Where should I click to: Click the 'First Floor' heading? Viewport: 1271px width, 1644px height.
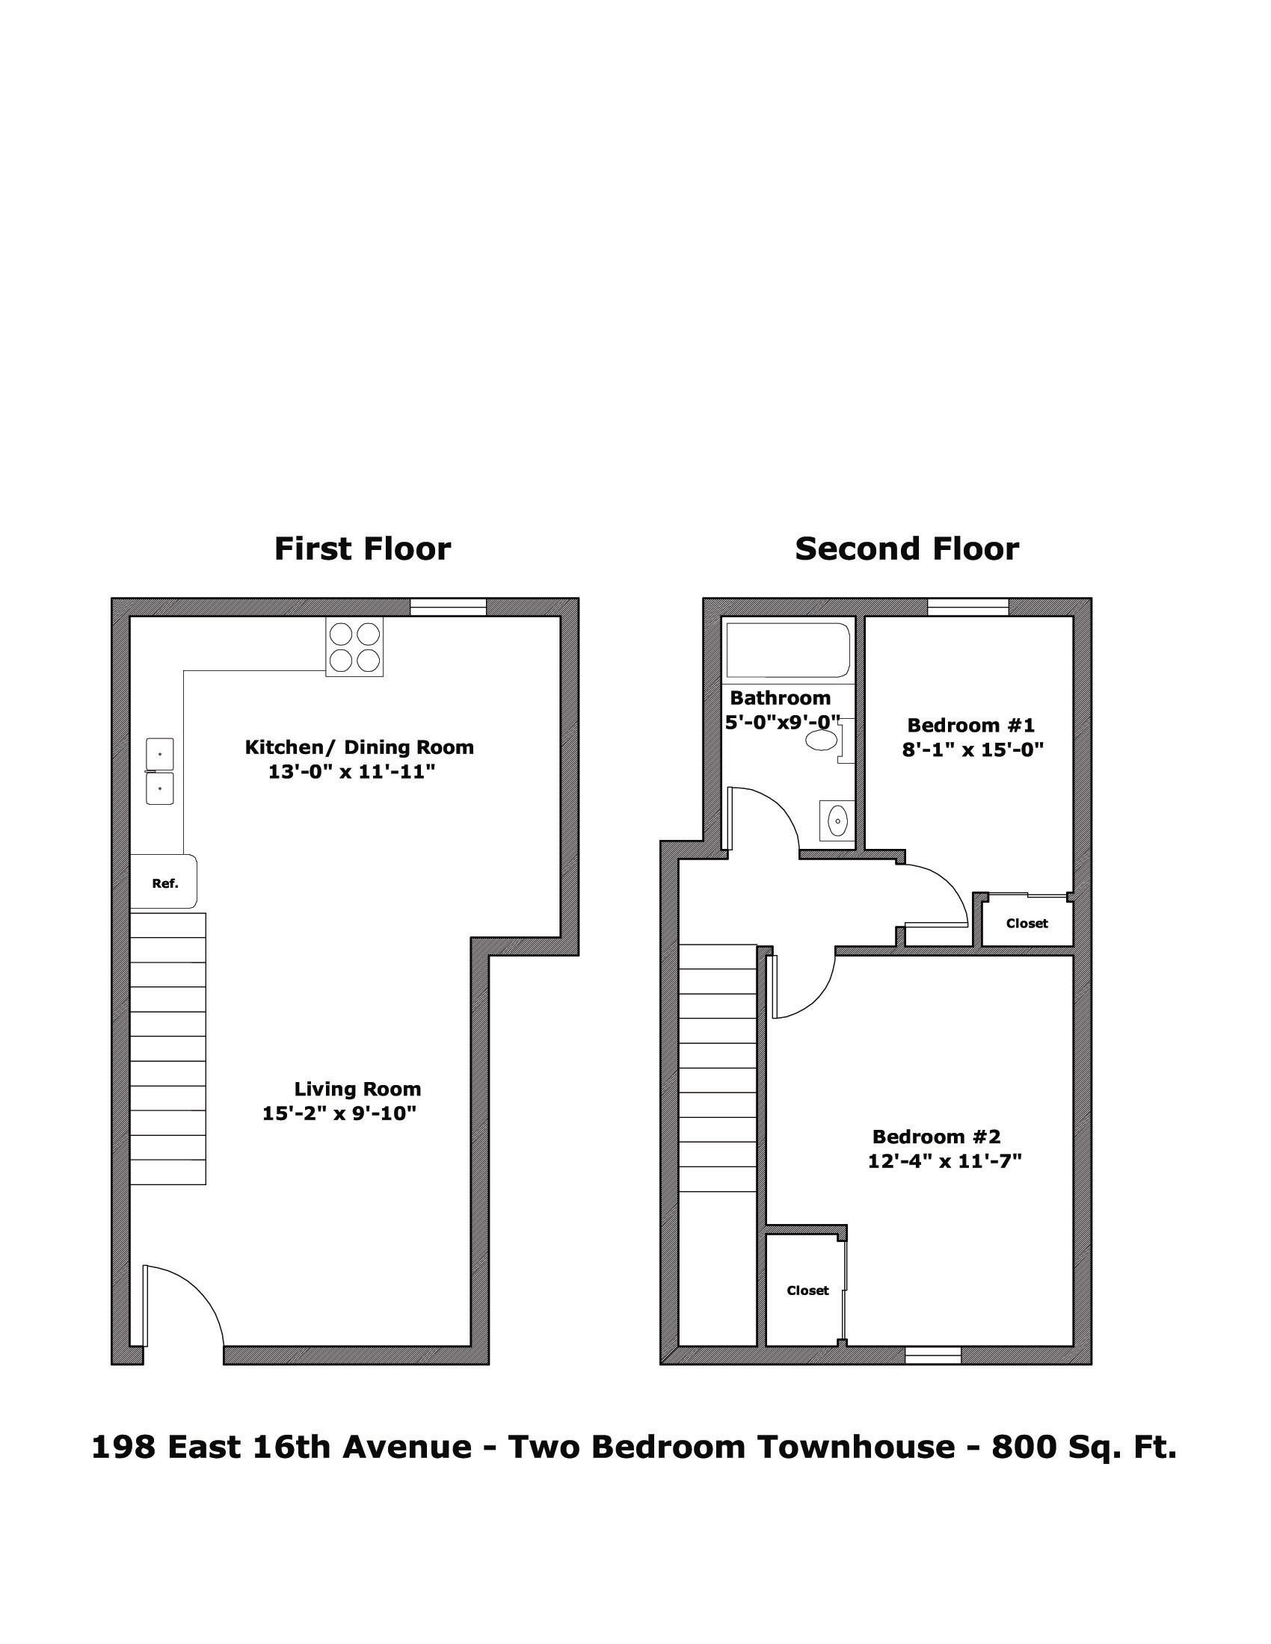coord(362,548)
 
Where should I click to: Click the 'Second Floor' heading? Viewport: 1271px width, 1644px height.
coord(907,548)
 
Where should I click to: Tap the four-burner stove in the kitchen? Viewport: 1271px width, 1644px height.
coord(354,646)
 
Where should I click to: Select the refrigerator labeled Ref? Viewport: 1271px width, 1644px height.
coord(164,882)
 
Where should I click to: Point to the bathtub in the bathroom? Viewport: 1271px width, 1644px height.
coord(788,650)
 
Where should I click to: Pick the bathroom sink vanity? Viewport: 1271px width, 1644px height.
coord(837,819)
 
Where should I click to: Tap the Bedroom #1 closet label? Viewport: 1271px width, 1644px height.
coord(1027,923)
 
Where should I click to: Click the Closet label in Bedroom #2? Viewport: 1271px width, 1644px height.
coord(807,1291)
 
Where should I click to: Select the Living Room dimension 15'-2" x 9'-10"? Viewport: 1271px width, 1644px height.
coord(339,1113)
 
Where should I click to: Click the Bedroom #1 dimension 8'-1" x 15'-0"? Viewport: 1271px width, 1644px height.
coord(972,750)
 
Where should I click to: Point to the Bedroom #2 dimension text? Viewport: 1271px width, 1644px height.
coord(944,1161)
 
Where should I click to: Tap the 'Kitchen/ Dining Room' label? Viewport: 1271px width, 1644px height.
coord(359,747)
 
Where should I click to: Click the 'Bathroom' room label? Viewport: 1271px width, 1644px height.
coord(780,698)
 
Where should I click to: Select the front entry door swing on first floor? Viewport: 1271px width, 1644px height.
coord(183,1308)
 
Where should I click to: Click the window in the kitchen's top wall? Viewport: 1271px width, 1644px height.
coord(448,607)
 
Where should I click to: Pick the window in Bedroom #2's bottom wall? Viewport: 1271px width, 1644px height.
coord(933,1355)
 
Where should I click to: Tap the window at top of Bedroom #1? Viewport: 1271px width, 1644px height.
coord(968,607)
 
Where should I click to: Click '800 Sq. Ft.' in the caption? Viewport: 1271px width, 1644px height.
coord(1084,1446)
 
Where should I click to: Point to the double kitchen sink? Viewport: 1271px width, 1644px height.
coord(160,773)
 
